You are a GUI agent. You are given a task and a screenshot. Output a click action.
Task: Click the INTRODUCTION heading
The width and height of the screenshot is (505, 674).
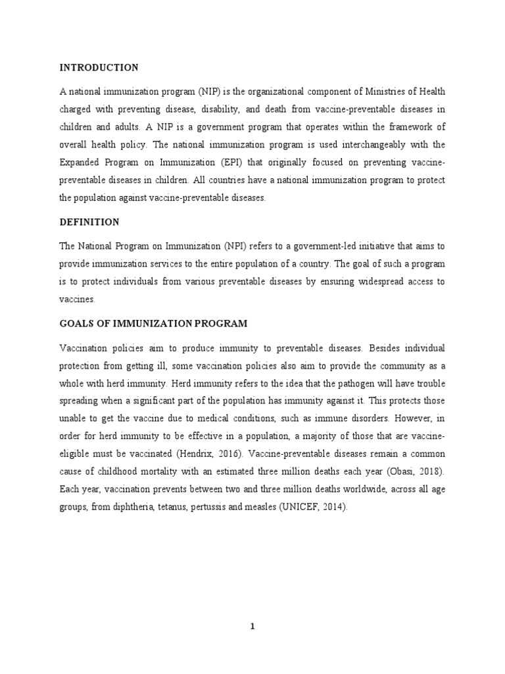coord(99,68)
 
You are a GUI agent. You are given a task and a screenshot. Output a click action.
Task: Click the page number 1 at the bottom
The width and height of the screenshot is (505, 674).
coord(252,627)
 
